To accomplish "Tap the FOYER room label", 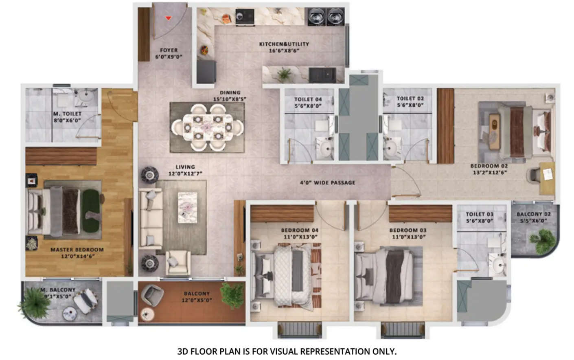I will click(x=169, y=50).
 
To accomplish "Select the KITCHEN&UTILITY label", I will click(x=284, y=44).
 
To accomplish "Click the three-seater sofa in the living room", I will click(x=151, y=218).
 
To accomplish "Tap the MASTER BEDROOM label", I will click(x=77, y=250).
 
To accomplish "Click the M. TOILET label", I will click(x=67, y=114).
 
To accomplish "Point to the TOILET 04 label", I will click(x=308, y=99).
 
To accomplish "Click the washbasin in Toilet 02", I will click(x=392, y=147).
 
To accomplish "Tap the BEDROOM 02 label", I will click(x=489, y=166).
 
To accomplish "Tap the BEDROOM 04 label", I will click(x=300, y=230).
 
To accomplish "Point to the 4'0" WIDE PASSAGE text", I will click(x=328, y=182).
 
